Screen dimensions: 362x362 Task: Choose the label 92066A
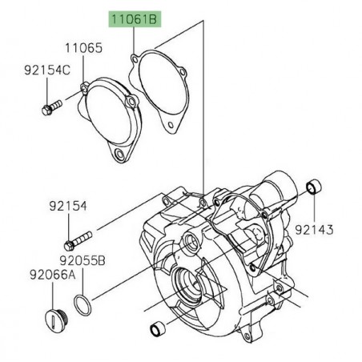(x=30, y=274)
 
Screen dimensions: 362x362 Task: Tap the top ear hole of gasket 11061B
(x=132, y=57)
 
